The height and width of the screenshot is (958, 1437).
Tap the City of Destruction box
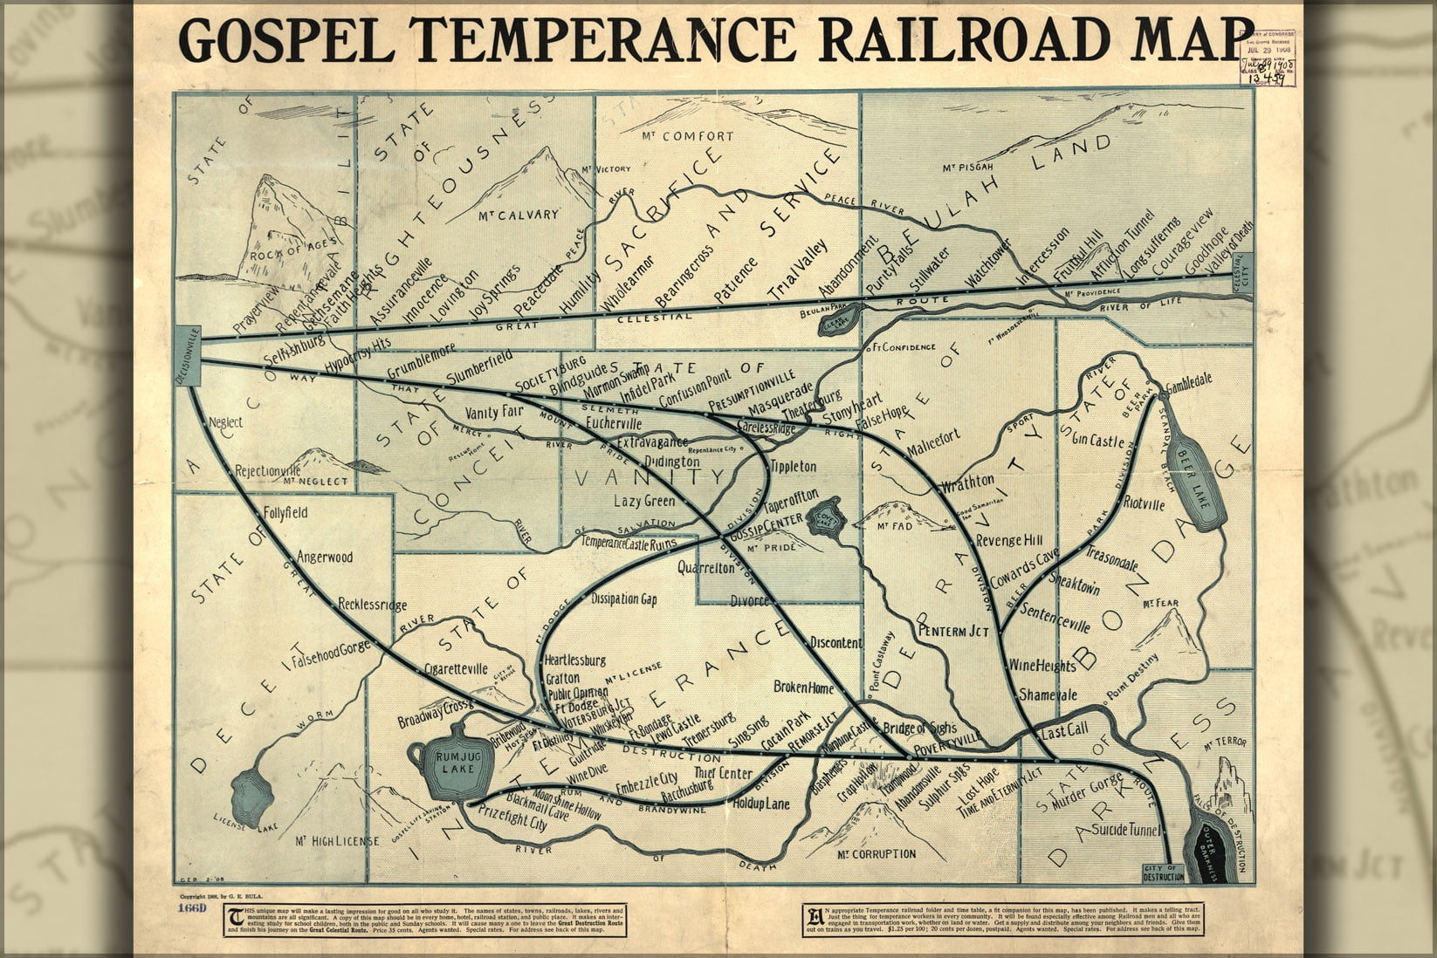coord(1163,872)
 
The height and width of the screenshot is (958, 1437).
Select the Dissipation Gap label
coord(623,599)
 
